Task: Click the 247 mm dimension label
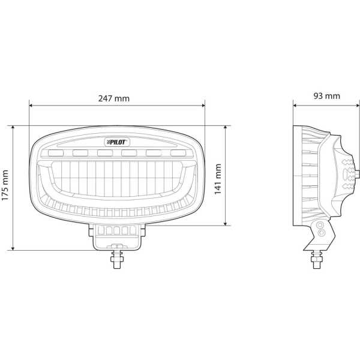(114, 98)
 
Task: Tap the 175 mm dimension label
(5, 185)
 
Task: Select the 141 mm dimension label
(217, 179)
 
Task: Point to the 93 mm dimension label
(327, 96)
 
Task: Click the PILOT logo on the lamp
(118, 142)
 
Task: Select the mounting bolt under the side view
(317, 259)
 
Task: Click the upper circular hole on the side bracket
(320, 225)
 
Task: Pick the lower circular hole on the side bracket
(321, 232)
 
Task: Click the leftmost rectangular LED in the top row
(56, 153)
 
